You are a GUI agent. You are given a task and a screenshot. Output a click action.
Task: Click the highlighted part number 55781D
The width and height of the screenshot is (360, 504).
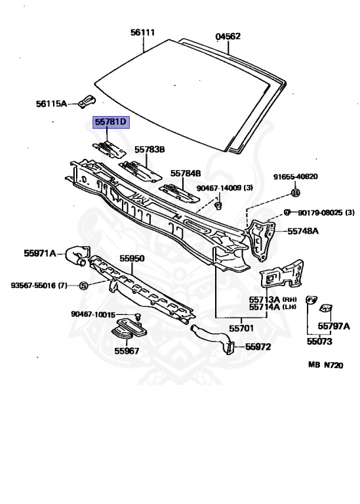tap(111, 122)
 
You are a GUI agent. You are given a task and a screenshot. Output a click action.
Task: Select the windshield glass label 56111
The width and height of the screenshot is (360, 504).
tap(142, 32)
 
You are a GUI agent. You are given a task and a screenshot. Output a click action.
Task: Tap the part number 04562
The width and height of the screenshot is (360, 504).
tap(228, 36)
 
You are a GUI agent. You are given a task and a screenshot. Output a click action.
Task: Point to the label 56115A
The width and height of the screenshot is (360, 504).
tap(51, 104)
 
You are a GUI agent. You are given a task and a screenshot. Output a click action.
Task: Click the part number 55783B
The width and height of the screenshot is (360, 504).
tap(150, 150)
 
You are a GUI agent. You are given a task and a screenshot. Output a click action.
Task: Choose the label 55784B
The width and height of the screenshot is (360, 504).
tap(186, 173)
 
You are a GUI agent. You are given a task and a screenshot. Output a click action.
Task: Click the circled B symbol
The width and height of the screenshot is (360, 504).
tap(296, 193)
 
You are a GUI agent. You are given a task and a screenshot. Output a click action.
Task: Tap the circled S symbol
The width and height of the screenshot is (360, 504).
tap(83, 285)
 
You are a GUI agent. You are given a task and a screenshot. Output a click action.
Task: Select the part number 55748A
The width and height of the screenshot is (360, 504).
tap(303, 231)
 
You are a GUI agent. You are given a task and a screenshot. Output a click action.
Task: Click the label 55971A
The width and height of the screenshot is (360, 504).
tap(40, 253)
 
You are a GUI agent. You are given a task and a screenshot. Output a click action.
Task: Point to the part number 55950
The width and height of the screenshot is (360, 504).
tap(132, 259)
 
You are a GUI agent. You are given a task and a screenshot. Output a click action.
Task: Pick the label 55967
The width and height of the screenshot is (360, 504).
tap(127, 350)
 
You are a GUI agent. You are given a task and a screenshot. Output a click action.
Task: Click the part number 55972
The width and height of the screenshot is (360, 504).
tap(258, 346)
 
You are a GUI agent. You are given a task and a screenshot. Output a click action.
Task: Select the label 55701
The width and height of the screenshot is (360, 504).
tap(241, 328)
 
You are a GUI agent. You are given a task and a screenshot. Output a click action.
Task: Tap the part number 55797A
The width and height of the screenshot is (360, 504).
tap(334, 326)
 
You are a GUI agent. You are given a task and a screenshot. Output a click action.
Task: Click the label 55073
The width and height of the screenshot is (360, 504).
tap(319, 341)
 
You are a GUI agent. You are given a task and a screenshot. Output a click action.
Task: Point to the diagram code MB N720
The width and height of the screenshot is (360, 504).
tap(326, 365)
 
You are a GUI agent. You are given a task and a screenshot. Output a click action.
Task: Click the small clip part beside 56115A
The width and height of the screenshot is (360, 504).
tap(87, 100)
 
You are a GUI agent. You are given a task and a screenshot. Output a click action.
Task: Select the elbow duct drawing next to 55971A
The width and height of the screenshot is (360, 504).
tap(77, 255)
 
